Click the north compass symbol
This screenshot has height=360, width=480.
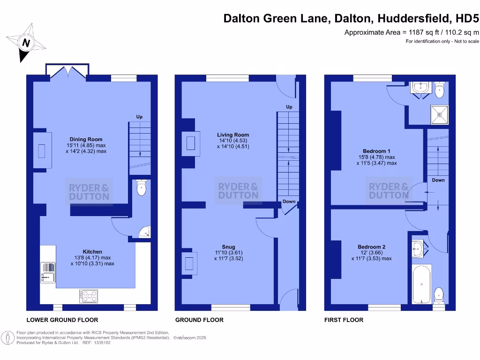pos(26,43)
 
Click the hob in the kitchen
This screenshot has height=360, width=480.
pos(88,296)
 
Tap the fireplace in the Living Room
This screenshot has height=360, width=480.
pos(191,143)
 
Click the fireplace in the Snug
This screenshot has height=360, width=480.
pos(190,262)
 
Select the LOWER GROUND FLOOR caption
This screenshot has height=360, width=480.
pos(62,320)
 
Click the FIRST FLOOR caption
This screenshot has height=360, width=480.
pos(344,320)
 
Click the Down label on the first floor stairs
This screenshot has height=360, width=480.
pos(438,180)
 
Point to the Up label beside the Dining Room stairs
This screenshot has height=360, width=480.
pos(139,117)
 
